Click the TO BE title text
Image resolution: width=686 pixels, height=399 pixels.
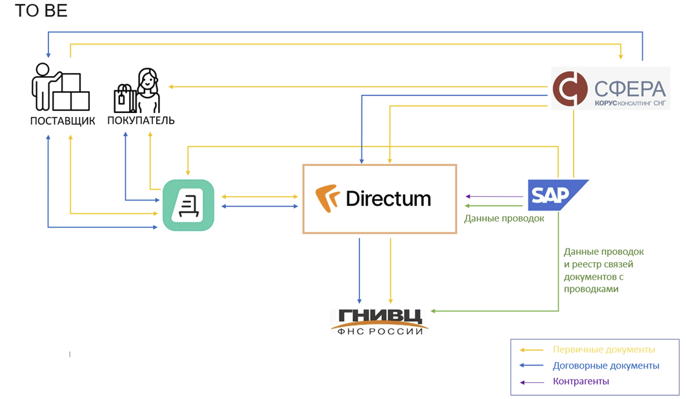tap(41, 11)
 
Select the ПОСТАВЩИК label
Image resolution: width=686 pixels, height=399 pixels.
tap(63, 121)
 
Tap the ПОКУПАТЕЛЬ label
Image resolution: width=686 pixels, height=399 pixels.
tap(141, 121)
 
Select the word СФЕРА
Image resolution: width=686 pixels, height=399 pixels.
tap(629, 87)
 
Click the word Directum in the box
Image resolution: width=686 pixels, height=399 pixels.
tap(388, 198)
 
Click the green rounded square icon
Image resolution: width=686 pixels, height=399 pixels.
tap(188, 205)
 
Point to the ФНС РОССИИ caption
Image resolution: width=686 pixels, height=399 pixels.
tap(380, 331)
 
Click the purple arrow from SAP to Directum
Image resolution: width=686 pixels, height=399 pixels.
tap(494, 197)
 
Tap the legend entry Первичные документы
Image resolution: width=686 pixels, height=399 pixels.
tap(604, 349)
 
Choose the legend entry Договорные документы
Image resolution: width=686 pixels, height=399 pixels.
tap(606, 365)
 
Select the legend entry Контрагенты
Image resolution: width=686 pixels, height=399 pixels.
tap(581, 381)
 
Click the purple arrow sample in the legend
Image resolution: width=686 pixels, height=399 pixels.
tap(531, 382)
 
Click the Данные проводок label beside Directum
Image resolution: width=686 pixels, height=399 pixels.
tap(504, 218)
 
